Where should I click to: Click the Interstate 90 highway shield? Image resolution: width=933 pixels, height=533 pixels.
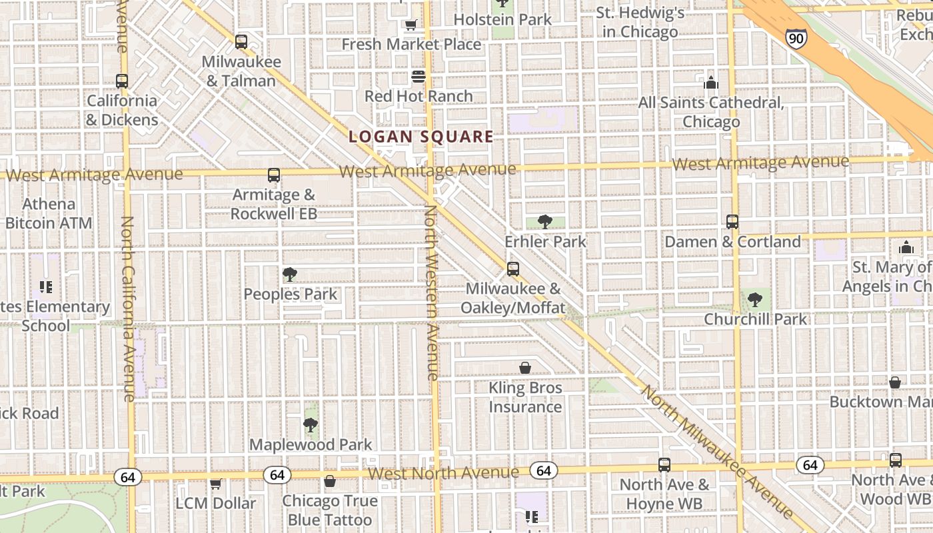click(x=795, y=38)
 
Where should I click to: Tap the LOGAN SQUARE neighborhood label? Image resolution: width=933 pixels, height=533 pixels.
click(x=421, y=137)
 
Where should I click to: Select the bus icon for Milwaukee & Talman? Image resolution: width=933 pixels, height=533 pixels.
click(x=241, y=42)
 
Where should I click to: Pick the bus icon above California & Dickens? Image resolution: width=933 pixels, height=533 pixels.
click(x=122, y=81)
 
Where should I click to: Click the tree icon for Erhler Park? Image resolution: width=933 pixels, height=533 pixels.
click(x=545, y=222)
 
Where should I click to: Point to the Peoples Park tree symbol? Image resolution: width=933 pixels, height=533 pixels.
click(x=289, y=274)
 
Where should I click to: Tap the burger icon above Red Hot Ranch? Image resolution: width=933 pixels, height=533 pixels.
click(x=419, y=77)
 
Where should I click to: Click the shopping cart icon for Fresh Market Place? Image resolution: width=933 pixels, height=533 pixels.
click(x=411, y=25)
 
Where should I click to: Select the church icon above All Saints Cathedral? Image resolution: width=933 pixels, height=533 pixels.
click(x=711, y=83)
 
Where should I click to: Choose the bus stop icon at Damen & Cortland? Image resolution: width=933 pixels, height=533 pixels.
click(x=732, y=222)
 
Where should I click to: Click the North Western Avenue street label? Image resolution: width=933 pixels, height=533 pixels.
click(x=431, y=293)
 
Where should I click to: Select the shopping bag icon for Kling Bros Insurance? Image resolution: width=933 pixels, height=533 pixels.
click(x=525, y=368)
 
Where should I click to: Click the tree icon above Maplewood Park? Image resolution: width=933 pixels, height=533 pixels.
click(x=310, y=424)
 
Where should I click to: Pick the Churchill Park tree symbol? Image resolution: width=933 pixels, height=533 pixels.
click(x=755, y=300)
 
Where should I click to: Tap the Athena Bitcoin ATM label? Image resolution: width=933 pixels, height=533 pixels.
click(x=49, y=213)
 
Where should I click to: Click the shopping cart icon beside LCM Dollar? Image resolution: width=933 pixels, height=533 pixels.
click(x=215, y=484)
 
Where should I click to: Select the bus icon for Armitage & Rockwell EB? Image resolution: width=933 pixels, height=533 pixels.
click(x=274, y=175)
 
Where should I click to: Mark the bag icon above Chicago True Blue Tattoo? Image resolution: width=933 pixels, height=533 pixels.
click(x=330, y=481)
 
